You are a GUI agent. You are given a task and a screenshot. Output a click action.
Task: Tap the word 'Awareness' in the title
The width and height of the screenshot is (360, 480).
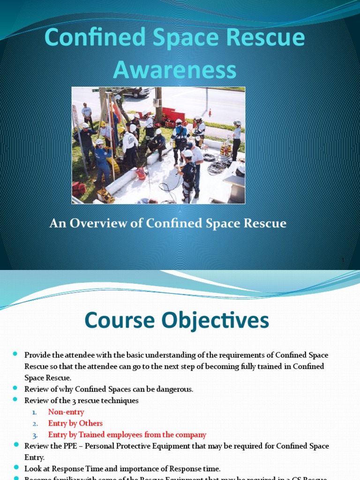(x=174, y=70)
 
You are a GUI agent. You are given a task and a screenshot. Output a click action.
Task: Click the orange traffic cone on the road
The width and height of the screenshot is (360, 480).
(x=210, y=113)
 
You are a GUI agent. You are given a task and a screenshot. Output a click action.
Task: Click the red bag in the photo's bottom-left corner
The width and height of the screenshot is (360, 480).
(x=78, y=188)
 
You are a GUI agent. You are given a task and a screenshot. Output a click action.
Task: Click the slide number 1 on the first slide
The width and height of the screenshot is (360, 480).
(x=343, y=260)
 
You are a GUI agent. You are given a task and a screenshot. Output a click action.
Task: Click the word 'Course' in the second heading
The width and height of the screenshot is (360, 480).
(x=120, y=321)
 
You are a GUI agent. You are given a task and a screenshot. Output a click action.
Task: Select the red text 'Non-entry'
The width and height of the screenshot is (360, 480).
(x=66, y=412)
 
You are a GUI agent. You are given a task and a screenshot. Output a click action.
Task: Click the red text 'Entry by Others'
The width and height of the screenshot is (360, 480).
(x=75, y=423)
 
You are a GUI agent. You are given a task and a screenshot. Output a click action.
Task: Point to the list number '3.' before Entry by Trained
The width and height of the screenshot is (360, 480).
(x=35, y=435)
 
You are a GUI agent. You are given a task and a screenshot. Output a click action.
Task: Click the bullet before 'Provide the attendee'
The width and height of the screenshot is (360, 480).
(x=15, y=354)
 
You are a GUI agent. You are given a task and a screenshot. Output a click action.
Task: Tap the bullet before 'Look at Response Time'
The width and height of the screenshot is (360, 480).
(x=15, y=468)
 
